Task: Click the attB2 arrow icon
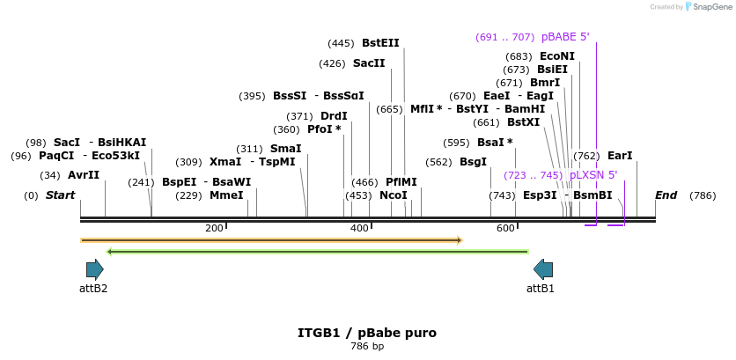[x=95, y=269]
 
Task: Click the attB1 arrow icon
[x=543, y=269]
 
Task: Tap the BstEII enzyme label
[x=380, y=43]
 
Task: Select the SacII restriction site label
[x=369, y=62]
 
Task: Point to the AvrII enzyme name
[x=84, y=175]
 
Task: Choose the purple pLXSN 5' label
[x=593, y=175]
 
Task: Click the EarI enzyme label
[x=620, y=156]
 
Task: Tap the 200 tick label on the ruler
[x=214, y=228]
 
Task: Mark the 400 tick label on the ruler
[x=359, y=228]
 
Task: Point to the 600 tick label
[x=505, y=228]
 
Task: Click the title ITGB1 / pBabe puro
[x=367, y=333]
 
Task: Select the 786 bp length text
[x=367, y=347]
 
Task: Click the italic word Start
[x=60, y=195]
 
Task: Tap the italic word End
[x=666, y=195]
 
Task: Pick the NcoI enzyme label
[x=394, y=195]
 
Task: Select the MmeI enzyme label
[x=227, y=195]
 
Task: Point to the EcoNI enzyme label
[x=557, y=56]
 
